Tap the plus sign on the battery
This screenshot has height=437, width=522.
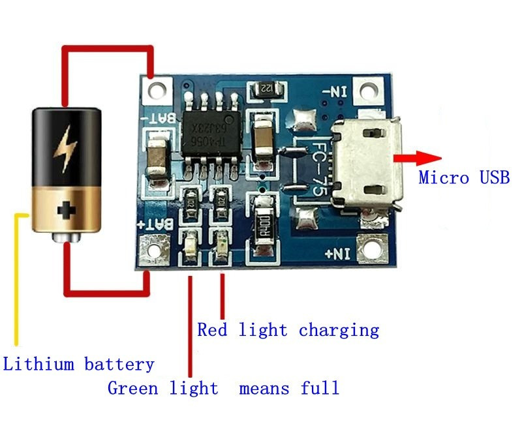(x=66, y=210)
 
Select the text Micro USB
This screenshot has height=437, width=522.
(x=464, y=177)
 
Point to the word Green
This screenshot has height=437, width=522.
(x=132, y=388)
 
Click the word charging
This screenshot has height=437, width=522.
(x=339, y=330)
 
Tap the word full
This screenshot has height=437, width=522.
(x=320, y=388)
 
